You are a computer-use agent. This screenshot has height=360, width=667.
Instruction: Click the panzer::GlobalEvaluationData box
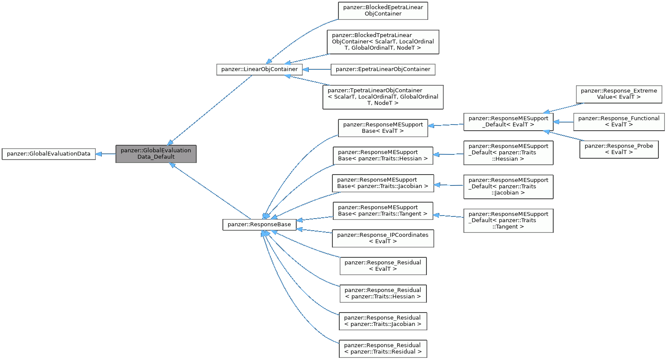tap(49, 154)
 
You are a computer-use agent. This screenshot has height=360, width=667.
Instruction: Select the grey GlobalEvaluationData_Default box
tap(156, 154)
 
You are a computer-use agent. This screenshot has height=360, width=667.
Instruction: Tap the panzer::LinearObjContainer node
tap(259, 69)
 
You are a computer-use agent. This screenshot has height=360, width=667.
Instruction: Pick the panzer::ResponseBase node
tap(259, 225)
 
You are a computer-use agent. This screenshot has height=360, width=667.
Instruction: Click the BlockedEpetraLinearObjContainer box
tap(383, 11)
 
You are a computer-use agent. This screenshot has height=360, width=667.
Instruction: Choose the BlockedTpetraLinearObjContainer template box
tap(383, 42)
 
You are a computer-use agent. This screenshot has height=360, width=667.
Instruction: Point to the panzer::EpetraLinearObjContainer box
tap(383, 69)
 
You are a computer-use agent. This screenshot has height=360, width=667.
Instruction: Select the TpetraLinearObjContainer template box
tap(383, 97)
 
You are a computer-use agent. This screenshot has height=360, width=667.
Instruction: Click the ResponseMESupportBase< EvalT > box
tap(383, 128)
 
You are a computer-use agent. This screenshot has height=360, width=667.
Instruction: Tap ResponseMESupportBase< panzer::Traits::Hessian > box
tap(383, 156)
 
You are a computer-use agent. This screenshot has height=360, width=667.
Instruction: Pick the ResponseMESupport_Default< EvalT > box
tap(508, 122)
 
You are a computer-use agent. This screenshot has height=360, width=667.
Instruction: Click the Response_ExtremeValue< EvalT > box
tap(619, 94)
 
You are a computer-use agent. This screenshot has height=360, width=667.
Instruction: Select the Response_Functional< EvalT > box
tap(619, 122)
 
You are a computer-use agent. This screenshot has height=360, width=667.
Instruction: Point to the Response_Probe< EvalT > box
tap(619, 149)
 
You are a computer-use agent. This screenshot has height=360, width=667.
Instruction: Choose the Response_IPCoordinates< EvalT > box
tap(383, 238)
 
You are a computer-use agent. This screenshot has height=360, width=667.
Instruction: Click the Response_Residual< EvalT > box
tap(383, 266)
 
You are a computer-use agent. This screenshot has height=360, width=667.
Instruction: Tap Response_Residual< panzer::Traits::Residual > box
tap(383, 349)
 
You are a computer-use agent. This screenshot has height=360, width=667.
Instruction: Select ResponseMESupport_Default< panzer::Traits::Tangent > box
tap(508, 220)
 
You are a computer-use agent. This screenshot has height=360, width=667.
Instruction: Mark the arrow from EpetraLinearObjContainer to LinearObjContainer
tap(317, 69)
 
